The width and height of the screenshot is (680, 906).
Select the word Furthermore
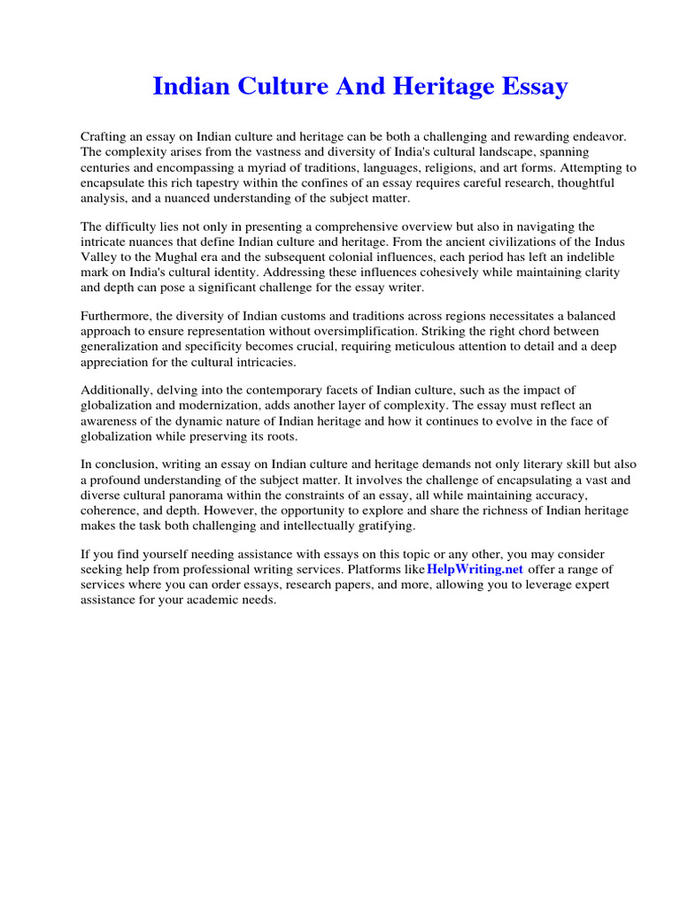point(120,317)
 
